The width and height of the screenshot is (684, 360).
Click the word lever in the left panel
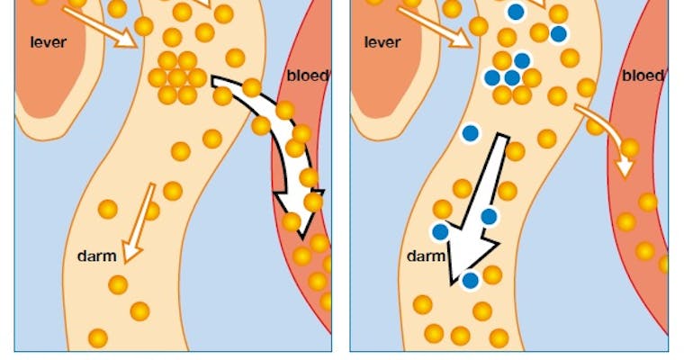[49, 41]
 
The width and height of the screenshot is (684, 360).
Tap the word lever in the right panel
[383, 41]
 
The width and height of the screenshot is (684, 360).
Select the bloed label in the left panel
[307, 75]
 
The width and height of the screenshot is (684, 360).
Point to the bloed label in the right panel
[643, 75]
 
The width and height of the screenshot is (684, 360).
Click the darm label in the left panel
[96, 256]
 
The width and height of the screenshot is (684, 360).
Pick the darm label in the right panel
[426, 256]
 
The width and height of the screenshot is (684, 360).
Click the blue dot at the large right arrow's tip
[470, 281]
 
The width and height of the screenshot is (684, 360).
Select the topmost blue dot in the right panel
[516, 12]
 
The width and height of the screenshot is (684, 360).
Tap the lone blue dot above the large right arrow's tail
[469, 133]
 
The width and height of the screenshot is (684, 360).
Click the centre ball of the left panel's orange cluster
[177, 77]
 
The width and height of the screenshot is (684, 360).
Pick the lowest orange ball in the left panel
[98, 338]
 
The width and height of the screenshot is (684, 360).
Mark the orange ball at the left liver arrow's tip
[144, 26]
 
